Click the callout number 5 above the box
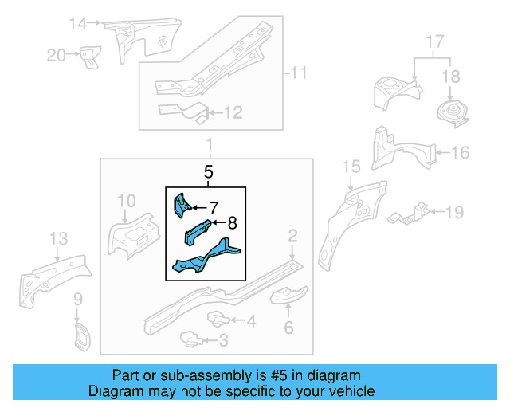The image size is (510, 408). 208,171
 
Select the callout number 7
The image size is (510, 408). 213,207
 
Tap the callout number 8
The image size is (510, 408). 233,224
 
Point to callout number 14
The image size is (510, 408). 76,23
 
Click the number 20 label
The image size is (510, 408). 56,54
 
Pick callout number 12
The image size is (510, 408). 232,113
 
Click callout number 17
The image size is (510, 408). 434,40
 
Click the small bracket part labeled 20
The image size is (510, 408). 88,57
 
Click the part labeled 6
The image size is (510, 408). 288,298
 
